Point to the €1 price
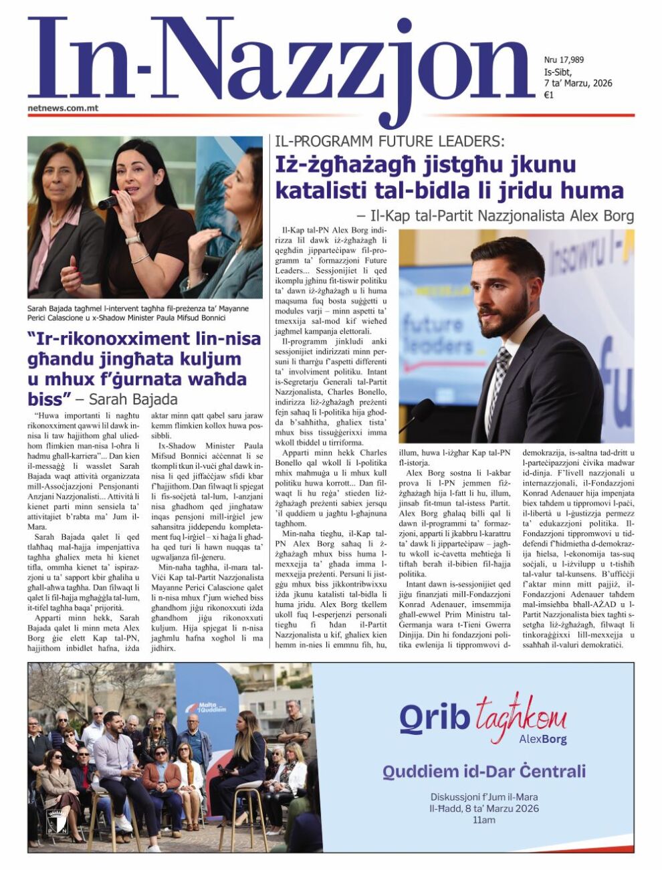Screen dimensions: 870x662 pyautogui.click(x=548, y=95)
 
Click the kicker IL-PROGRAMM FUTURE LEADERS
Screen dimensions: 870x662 pyautogui.click(x=389, y=141)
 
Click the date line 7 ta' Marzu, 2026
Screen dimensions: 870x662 pyautogui.click(x=578, y=83)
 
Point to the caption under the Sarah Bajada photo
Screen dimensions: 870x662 pyautogui.click(x=138, y=313)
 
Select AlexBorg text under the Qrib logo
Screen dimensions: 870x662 pyautogui.click(x=542, y=740)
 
